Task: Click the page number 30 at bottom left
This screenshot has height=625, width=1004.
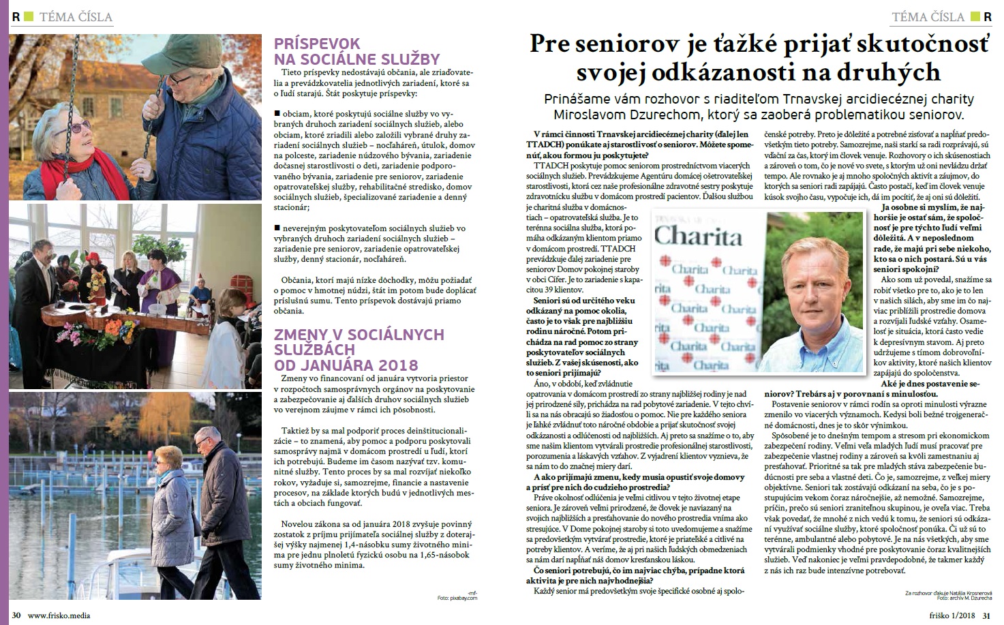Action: click(x=16, y=615)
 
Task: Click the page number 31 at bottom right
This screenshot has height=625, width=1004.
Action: click(x=986, y=615)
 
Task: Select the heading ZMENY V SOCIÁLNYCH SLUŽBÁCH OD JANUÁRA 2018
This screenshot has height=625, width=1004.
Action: click(x=358, y=349)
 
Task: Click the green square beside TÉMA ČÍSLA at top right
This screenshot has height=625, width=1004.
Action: click(x=975, y=16)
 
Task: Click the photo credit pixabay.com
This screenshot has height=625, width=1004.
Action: click(x=463, y=598)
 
